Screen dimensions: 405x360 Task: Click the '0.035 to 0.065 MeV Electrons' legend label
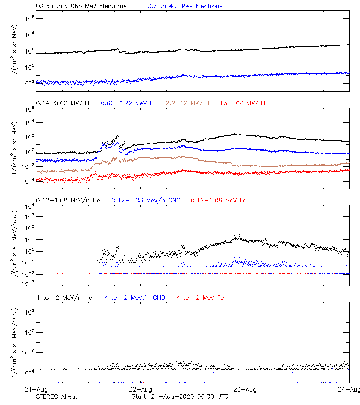(x=81, y=6)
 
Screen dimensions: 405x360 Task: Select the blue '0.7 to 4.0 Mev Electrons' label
(x=185, y=6)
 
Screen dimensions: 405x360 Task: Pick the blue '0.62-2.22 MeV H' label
(x=127, y=103)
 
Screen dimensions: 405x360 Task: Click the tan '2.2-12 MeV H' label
(x=187, y=103)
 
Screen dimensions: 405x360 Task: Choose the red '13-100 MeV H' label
(x=243, y=103)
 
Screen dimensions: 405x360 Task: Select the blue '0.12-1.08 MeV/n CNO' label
(x=146, y=200)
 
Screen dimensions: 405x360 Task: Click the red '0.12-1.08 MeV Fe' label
(x=219, y=200)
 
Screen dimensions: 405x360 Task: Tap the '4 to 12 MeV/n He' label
(x=64, y=297)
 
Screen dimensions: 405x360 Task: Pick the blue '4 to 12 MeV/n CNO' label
(x=135, y=297)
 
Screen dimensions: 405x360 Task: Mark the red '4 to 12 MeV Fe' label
(x=200, y=297)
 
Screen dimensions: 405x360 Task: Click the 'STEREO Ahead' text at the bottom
(x=57, y=396)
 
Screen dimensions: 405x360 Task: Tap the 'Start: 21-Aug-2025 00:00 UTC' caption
(x=180, y=396)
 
